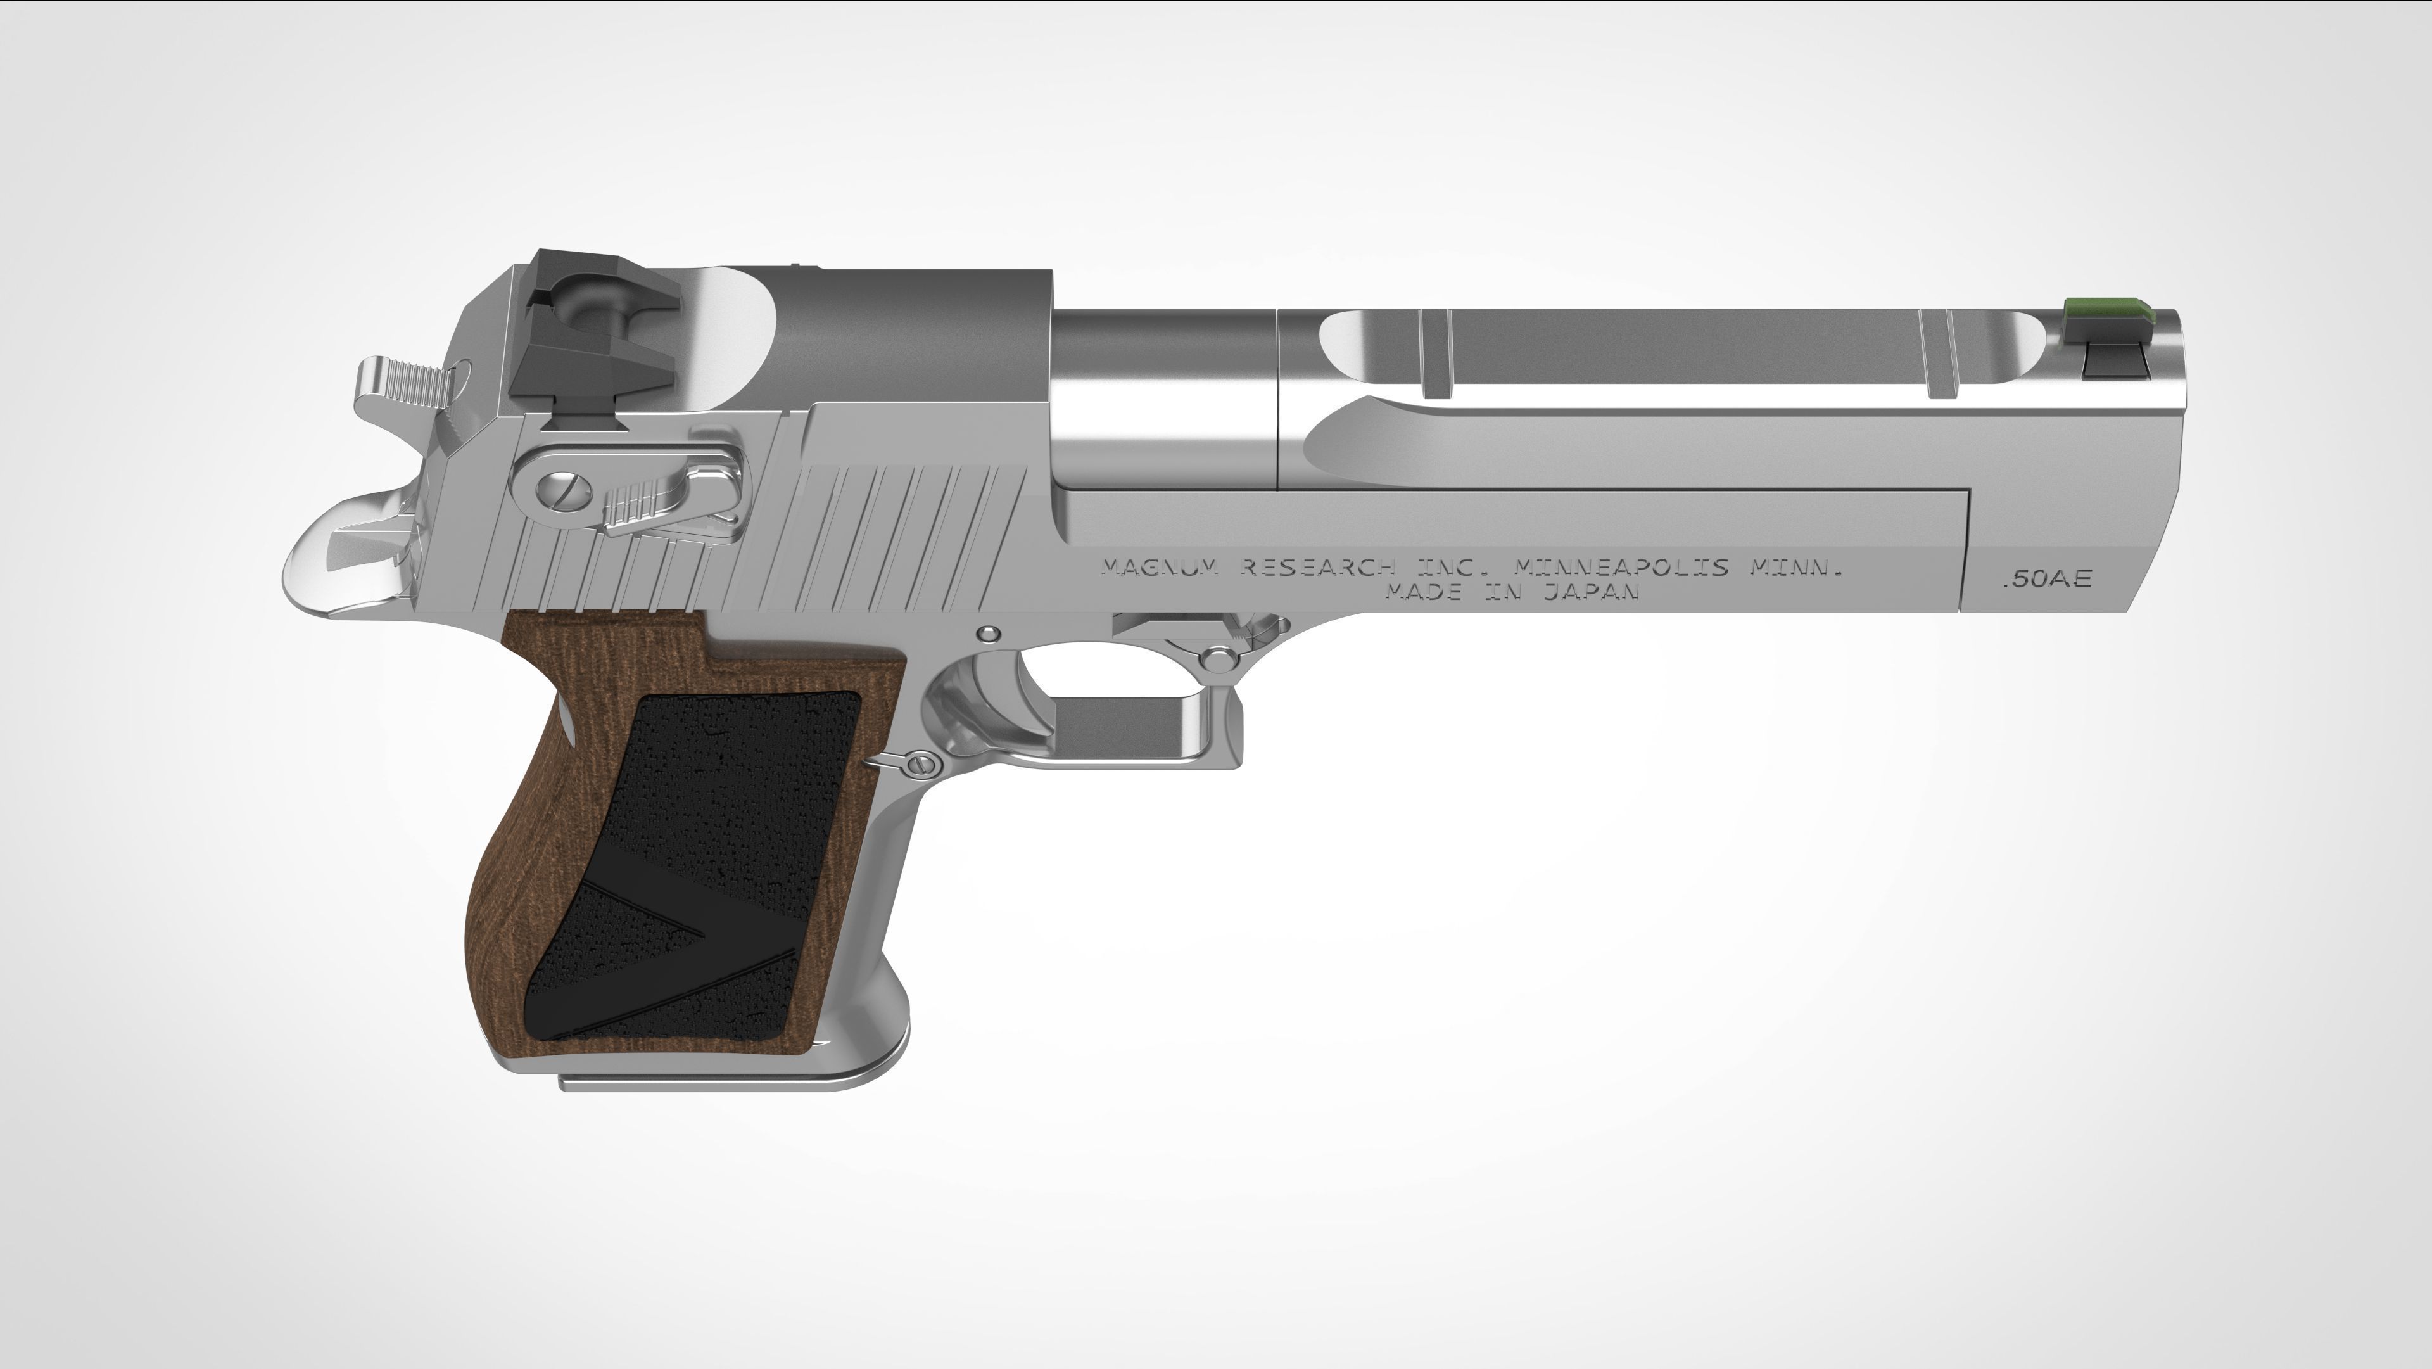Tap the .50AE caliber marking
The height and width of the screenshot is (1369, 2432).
(2046, 579)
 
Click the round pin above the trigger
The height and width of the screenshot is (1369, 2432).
(989, 633)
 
